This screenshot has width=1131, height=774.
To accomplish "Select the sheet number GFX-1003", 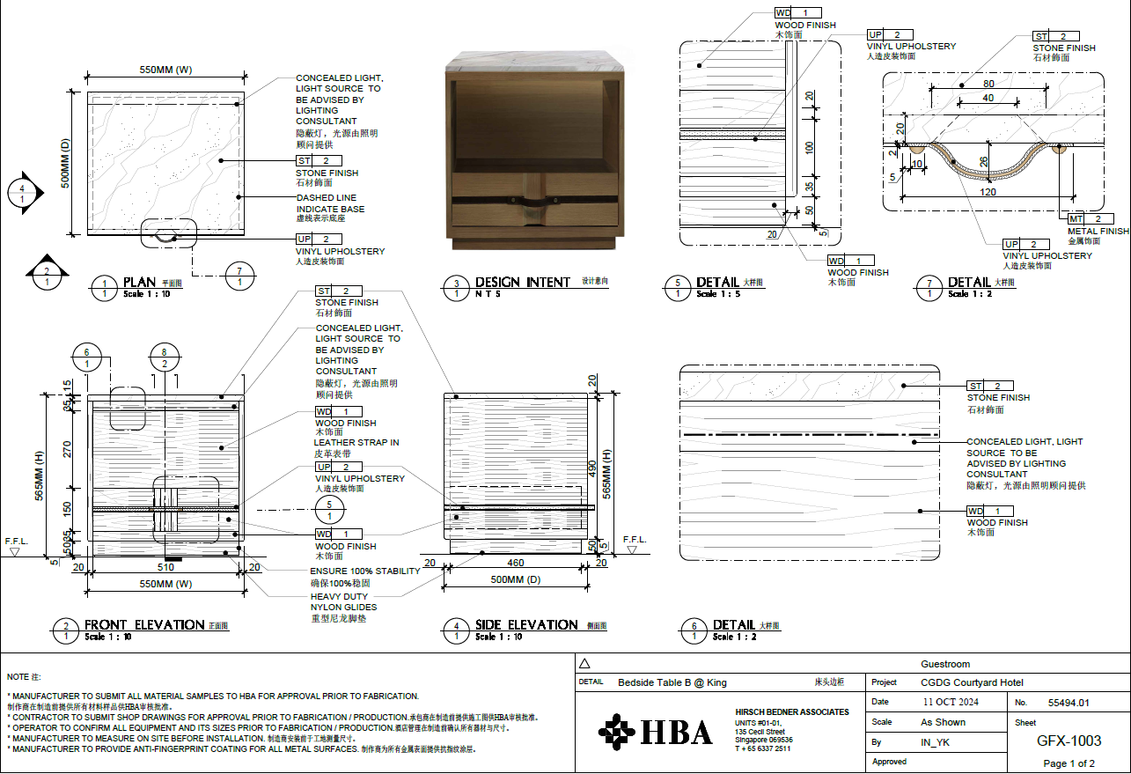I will (1069, 741).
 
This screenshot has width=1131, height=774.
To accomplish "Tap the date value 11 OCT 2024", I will (951, 702).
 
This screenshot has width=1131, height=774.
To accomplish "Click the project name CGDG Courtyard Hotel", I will (972, 682).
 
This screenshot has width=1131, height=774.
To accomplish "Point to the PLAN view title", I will (139, 283).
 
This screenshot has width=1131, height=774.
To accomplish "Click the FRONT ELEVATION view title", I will (144, 625).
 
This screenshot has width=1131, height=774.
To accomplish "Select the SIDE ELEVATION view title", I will (526, 625).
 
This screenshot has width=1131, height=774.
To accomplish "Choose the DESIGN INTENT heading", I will (523, 283).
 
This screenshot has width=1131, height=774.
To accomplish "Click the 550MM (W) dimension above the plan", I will (166, 70).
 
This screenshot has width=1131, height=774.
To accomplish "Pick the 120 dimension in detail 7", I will (988, 191).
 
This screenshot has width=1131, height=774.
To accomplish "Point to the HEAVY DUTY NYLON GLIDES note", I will (343, 601).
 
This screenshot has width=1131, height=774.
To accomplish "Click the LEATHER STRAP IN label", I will (356, 442).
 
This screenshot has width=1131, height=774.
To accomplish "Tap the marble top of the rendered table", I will (536, 62).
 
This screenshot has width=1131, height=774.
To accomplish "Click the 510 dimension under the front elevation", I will (165, 567).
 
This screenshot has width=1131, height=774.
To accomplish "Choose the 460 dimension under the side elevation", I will (515, 563).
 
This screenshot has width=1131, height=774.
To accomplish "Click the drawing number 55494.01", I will (1069, 703).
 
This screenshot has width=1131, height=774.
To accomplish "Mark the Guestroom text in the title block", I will (945, 664).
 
